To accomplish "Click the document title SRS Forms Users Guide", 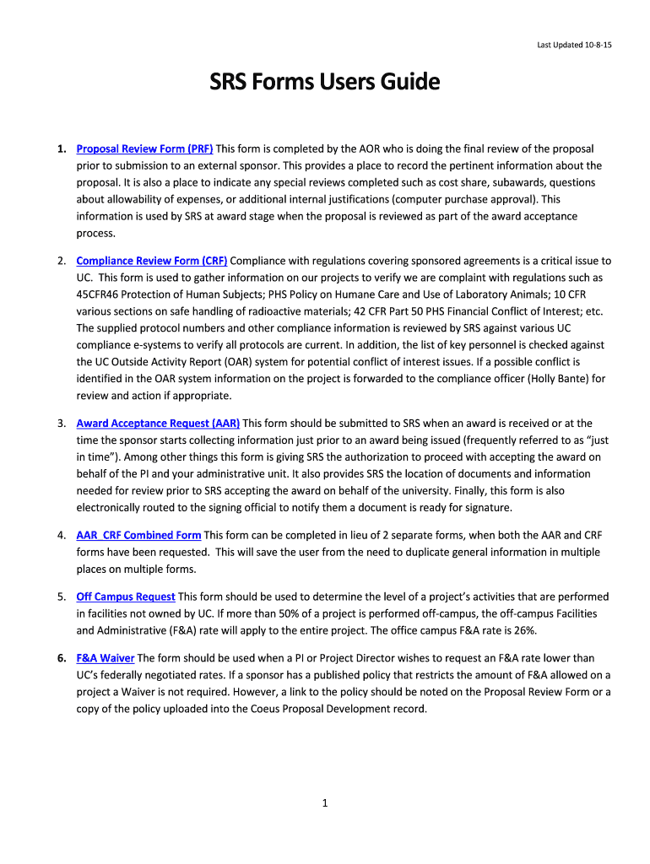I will coord(325,83).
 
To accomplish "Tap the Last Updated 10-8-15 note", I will coord(574,45).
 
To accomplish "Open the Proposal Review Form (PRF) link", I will coord(144,149).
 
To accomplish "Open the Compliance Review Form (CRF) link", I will coord(152,262).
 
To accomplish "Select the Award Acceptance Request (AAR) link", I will coord(158,424).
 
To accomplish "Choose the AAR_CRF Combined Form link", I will coord(138,536).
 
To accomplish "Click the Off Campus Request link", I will coord(126,597).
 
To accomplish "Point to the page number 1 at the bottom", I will coord(324,804).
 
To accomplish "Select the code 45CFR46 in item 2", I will coord(100,294).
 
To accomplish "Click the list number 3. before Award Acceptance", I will coord(62,424).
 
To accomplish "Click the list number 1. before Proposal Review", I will coord(62,149).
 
